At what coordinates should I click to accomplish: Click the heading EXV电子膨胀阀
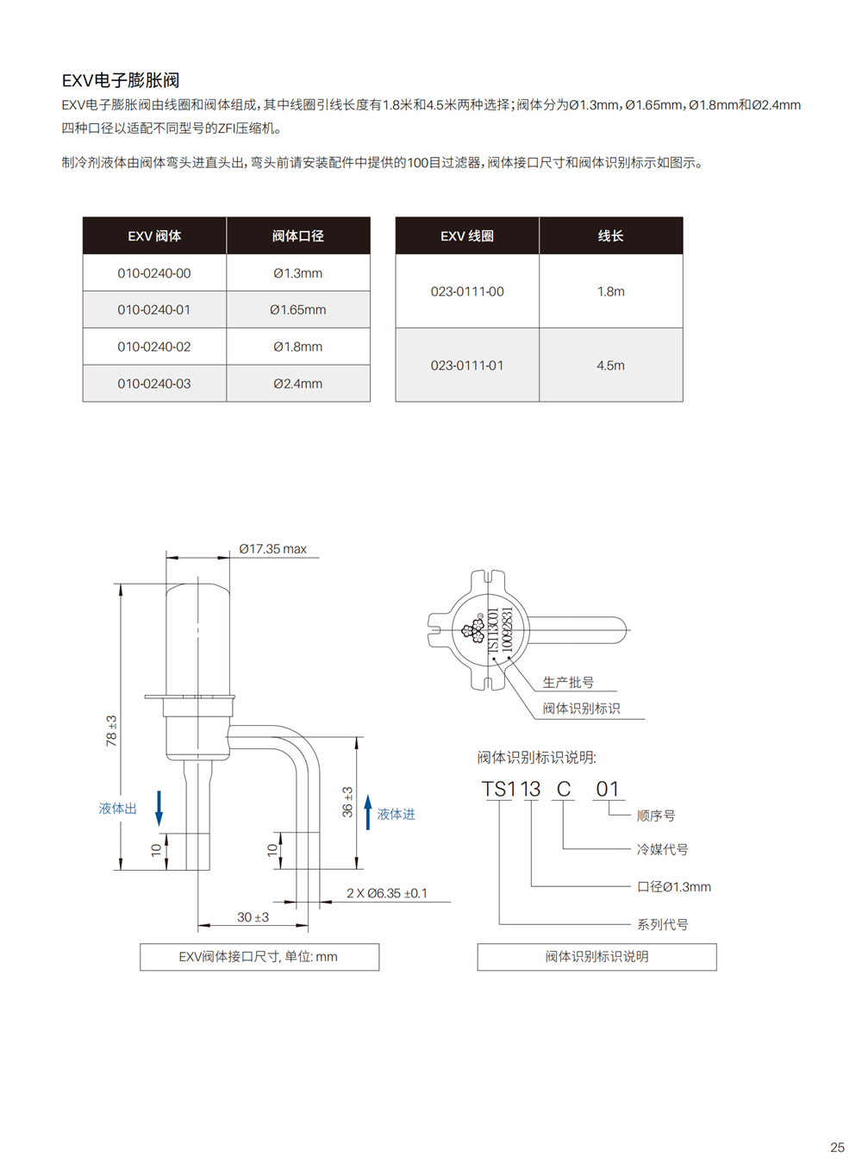tap(121, 80)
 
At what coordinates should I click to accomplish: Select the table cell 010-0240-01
tap(154, 309)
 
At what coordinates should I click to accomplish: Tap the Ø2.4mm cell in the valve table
tap(298, 384)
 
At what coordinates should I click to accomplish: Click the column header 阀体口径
tap(298, 236)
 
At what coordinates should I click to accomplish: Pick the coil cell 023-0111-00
tap(467, 291)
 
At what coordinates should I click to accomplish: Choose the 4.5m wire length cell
tap(611, 366)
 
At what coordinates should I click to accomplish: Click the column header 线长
tap(611, 236)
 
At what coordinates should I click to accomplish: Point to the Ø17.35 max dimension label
tap(273, 549)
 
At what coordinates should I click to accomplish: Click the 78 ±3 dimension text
tap(111, 731)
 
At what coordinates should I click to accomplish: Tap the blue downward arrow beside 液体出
tap(159, 809)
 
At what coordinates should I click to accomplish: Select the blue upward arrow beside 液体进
tap(368, 812)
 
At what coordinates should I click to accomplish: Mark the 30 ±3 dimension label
tap(253, 917)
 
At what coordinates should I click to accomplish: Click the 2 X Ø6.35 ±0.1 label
tap(387, 893)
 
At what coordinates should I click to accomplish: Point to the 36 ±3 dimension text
tap(347, 802)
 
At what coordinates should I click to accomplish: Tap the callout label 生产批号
tap(568, 682)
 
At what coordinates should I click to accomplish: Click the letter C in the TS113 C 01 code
tap(564, 789)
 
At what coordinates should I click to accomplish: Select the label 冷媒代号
tap(662, 849)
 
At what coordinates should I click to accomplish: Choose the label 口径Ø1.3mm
tap(674, 887)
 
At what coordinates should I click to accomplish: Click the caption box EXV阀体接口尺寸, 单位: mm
tap(259, 957)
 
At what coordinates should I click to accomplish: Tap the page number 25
tap(838, 1147)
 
